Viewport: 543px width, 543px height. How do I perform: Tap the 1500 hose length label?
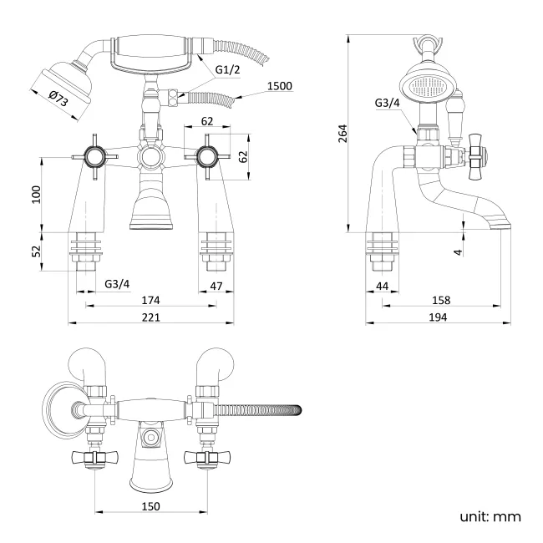coord(281,86)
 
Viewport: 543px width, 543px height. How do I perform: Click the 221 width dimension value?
coord(150,317)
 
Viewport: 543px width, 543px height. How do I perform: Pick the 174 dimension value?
coord(150,300)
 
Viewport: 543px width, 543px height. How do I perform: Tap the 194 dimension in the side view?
coord(437,317)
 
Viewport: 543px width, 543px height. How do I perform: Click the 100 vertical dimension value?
coord(36,194)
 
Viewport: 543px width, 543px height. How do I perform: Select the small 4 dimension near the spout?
coord(459,250)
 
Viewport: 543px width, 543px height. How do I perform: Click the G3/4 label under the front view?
coord(118,284)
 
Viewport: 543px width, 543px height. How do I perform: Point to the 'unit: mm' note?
coord(490,516)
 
